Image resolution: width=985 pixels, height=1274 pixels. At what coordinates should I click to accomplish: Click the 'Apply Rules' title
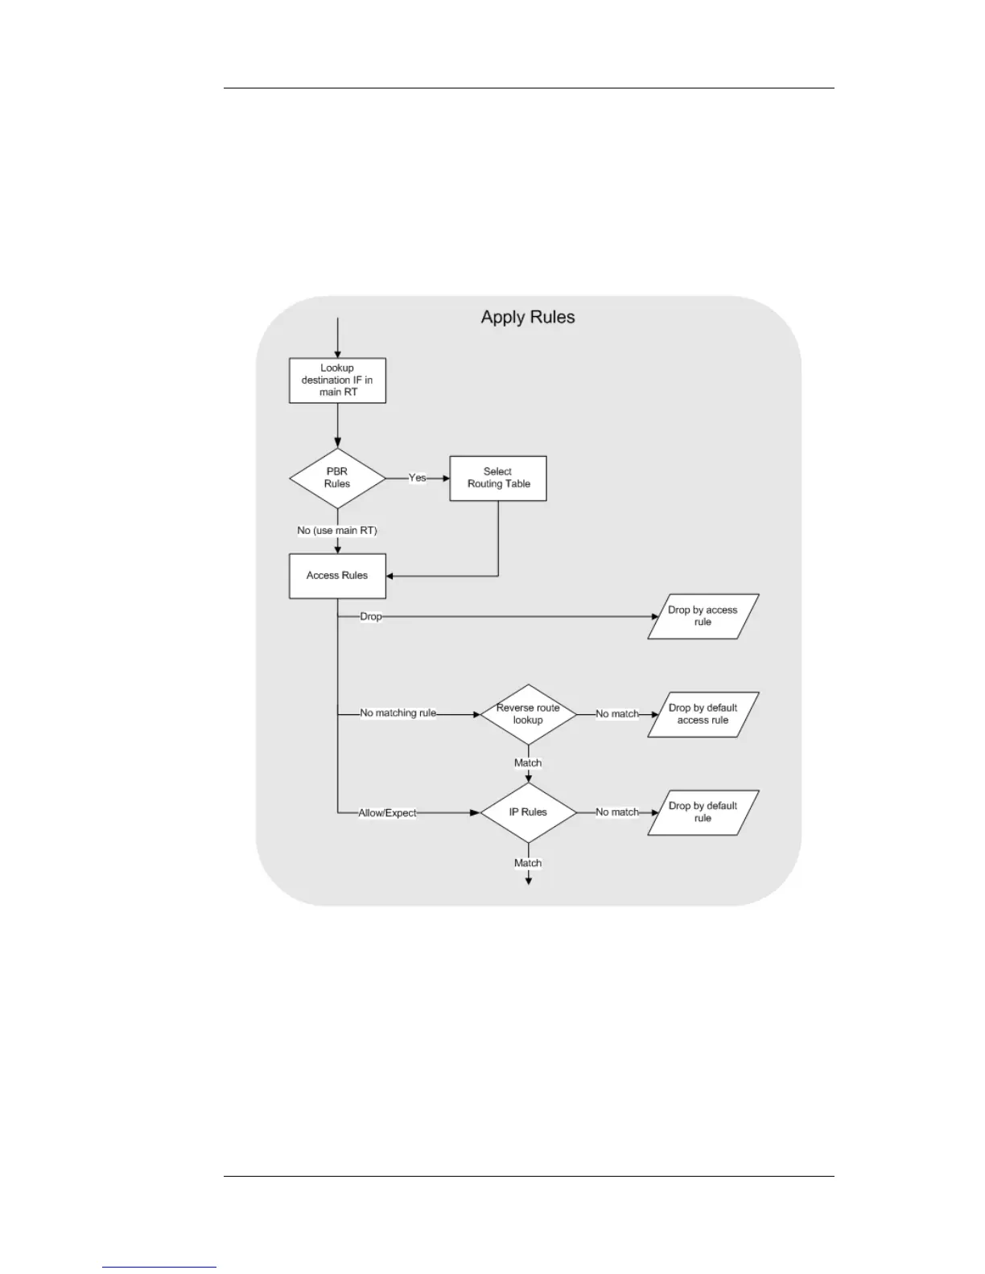[x=528, y=317]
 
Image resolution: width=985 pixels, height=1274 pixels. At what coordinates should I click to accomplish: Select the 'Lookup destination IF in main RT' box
[x=337, y=380]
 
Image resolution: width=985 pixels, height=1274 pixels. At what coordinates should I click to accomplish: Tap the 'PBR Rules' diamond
[x=337, y=478]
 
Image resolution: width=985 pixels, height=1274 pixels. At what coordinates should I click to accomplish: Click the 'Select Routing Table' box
[x=498, y=478]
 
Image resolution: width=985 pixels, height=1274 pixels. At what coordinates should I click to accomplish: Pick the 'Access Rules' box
[x=337, y=576]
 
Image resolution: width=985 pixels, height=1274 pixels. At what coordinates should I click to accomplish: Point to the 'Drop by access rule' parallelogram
[x=703, y=616]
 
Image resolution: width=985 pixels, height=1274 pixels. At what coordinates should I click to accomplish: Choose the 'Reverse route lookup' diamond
[x=528, y=714]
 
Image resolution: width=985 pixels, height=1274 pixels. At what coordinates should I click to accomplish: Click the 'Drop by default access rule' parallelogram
[x=703, y=714]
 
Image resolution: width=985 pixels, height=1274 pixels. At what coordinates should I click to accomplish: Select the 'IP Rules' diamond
[x=528, y=812]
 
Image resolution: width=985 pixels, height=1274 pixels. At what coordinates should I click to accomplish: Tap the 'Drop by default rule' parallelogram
[x=703, y=812]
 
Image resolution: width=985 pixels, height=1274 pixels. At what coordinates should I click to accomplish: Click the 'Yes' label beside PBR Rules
[x=417, y=478]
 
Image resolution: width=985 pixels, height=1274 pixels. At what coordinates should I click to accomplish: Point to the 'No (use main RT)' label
[x=337, y=531]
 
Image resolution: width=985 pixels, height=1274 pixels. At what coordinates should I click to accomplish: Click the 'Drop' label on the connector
[x=371, y=616]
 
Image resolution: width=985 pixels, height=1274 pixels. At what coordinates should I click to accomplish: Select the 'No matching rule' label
[x=398, y=713]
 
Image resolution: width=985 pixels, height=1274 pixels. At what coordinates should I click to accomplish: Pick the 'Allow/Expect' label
[x=388, y=813]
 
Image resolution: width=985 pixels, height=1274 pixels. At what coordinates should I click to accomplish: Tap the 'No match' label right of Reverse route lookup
[x=617, y=714]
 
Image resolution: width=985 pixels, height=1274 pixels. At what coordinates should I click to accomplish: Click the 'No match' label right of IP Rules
[x=617, y=812]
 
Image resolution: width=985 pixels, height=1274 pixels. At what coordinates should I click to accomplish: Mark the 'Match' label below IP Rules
[x=528, y=863]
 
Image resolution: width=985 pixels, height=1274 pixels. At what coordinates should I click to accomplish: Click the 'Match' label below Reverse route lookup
[x=528, y=763]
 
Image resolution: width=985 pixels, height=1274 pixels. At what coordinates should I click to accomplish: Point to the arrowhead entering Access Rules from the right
[x=390, y=576]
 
